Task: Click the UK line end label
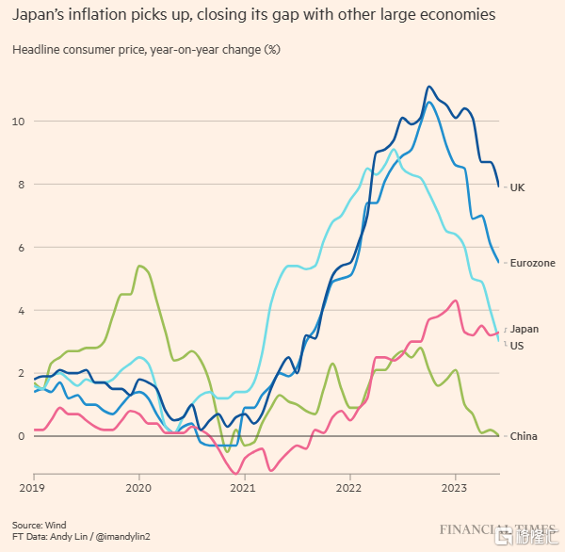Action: tap(517, 187)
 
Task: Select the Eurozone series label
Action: tap(532, 263)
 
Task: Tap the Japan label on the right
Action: tap(525, 329)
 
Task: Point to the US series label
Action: tap(517, 347)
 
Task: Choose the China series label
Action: tap(523, 436)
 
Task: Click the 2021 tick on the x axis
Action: tap(243, 490)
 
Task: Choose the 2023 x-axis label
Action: tap(454, 490)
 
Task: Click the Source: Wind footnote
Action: tap(39, 525)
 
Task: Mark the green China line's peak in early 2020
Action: tap(139, 266)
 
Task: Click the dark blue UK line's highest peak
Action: tap(429, 87)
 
